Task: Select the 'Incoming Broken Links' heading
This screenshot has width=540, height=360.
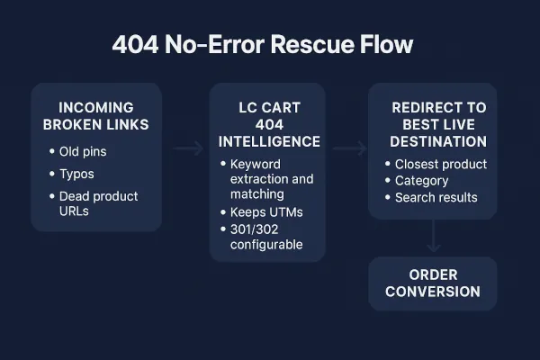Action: (x=95, y=116)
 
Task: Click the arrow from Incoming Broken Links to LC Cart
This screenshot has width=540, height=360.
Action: (x=188, y=148)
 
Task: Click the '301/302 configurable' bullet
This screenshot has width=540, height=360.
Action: (x=270, y=236)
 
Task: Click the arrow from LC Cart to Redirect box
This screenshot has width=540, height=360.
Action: (x=349, y=148)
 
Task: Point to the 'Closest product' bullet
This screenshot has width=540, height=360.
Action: (x=441, y=164)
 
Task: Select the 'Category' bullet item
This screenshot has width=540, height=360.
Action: (x=421, y=181)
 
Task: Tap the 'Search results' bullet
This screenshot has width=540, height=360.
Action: (x=436, y=197)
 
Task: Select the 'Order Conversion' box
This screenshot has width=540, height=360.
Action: (x=432, y=283)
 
